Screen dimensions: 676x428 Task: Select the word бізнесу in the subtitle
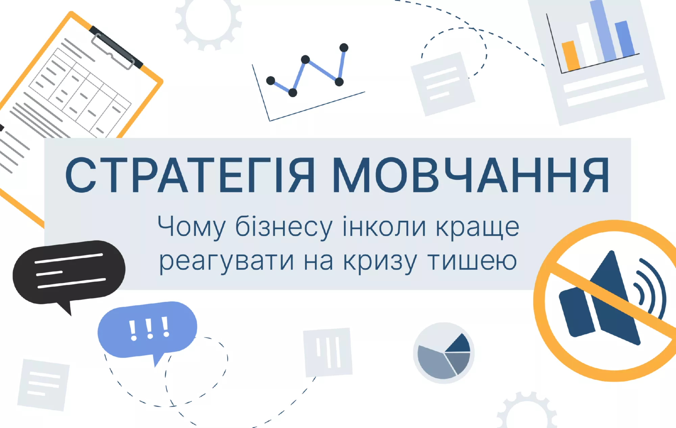click(284, 227)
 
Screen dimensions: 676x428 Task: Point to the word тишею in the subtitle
click(472, 261)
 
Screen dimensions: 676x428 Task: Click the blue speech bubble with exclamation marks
click(147, 331)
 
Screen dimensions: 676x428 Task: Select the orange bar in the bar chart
click(571, 56)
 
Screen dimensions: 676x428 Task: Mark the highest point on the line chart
click(344, 48)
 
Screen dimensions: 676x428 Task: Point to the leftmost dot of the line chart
click(271, 81)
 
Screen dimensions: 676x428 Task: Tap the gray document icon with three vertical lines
click(328, 352)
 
